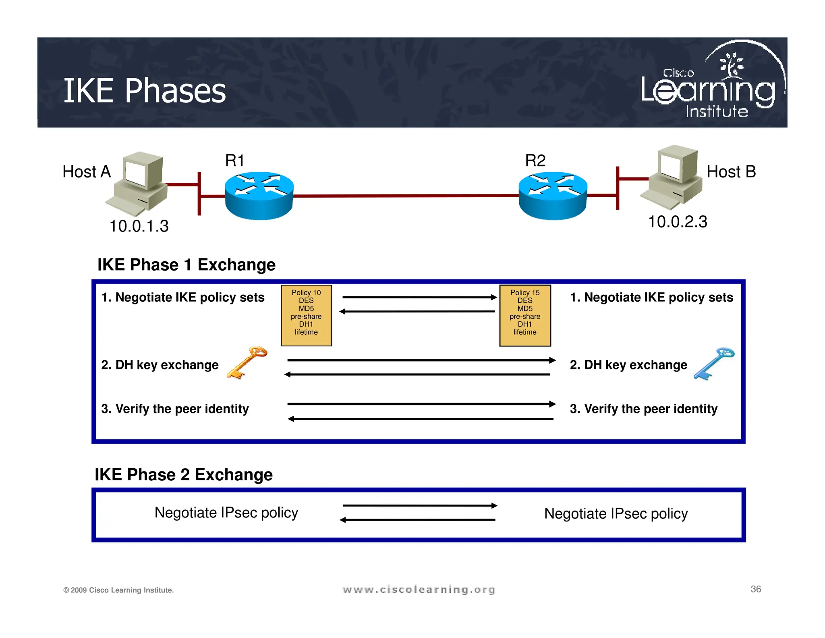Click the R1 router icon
click(259, 196)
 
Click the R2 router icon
click(553, 196)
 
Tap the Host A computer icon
click(138, 183)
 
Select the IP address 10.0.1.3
click(139, 226)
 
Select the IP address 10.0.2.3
click(678, 222)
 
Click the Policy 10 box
click(306, 315)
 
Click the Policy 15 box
click(525, 315)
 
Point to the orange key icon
click(247, 363)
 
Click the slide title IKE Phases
click(144, 91)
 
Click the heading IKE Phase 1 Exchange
click(187, 265)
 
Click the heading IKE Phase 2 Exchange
click(184, 475)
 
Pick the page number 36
click(756, 589)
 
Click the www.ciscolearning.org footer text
click(419, 590)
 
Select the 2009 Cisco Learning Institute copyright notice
click(118, 590)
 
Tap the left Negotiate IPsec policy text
click(226, 513)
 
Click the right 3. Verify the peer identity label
click(643, 409)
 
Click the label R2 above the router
click(535, 161)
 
